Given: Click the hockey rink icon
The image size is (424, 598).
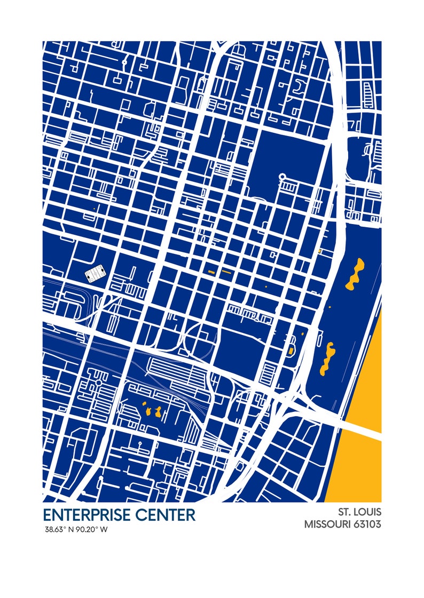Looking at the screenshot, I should [x=96, y=275].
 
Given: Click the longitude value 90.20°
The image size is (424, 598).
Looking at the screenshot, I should [x=87, y=530].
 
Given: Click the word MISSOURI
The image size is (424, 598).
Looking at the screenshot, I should [x=328, y=524].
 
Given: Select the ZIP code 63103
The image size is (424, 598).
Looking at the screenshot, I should [x=367, y=524].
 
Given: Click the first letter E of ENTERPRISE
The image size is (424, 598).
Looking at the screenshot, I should [x=47, y=515].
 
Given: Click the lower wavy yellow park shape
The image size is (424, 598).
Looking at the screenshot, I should [x=327, y=358].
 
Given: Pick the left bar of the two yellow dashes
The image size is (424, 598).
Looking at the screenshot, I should [x=211, y=272].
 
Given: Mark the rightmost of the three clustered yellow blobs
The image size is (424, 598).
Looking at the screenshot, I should [x=159, y=411].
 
